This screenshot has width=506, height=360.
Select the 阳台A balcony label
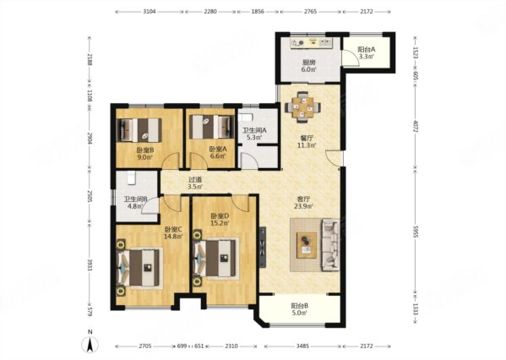tap(367, 50)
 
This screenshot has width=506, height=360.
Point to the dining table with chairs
tap(302, 106)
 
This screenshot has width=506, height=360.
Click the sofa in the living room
tap(330, 244)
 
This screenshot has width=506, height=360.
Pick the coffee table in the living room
tap(307, 245)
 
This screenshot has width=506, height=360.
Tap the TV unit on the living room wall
tap(263, 247)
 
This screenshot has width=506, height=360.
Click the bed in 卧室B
tap(139, 130)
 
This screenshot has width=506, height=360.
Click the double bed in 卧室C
tap(139, 267)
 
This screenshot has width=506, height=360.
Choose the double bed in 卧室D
tap(215, 258)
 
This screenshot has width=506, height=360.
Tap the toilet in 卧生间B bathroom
tap(131, 178)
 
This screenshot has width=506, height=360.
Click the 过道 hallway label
tap(195, 180)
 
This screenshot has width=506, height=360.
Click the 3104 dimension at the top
tap(150, 12)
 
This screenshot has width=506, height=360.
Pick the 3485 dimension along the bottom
tap(302, 346)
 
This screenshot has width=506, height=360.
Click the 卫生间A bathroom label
tap(254, 130)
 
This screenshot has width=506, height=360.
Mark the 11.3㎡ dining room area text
tap(307, 145)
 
